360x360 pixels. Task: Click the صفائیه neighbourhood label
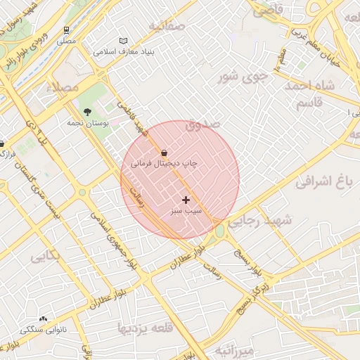pos(166,27)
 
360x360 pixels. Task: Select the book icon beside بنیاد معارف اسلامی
pos(124,41)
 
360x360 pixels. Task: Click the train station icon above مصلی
pos(66,30)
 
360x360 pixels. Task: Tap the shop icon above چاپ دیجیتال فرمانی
pos(164,152)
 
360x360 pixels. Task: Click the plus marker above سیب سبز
pos(186,200)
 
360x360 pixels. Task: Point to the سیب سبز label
pos(186,210)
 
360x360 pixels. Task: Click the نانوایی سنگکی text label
pos(44,329)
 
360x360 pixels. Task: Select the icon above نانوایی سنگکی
pos(44,319)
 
